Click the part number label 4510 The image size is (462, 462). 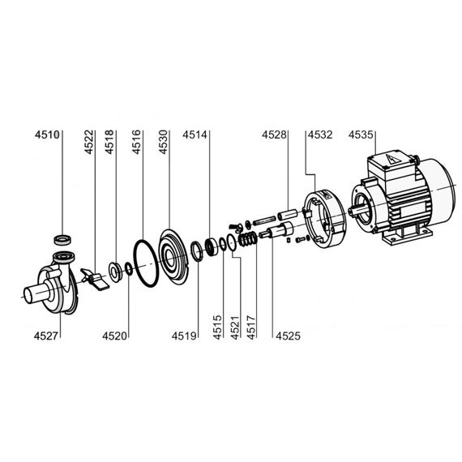47,135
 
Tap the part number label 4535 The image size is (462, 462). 361,135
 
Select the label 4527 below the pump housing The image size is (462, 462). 46,336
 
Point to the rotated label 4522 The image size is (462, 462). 89,142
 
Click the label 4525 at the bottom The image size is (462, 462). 289,336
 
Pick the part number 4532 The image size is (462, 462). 320,135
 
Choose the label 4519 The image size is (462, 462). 184,336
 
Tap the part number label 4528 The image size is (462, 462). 274,135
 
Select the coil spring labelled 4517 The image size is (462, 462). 248,238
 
